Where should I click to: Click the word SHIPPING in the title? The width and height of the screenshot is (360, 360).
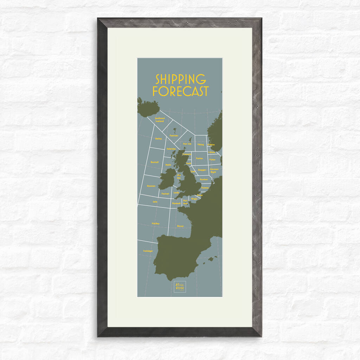pos(180,79)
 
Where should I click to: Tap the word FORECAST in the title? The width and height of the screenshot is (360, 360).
pos(180,91)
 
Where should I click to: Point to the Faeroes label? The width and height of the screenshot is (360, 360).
pos(174,135)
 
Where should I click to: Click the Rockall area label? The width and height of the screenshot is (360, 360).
pos(155,162)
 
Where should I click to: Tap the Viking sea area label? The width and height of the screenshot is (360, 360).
pos(200,144)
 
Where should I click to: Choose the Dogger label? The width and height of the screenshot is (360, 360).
pos(202,170)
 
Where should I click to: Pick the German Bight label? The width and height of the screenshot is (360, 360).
pos(214,171)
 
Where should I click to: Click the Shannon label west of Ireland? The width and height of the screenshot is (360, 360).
pos(151,186)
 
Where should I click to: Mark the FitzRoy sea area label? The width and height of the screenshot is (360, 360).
pos(155,223)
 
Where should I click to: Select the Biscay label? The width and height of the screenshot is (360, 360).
pos(180,226)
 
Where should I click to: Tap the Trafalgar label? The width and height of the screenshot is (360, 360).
pos(148,251)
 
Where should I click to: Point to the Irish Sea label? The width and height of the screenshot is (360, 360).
pos(179,176)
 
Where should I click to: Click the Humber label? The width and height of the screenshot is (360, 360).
pos(204,179)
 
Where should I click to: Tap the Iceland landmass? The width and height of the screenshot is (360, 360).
pos(147,108)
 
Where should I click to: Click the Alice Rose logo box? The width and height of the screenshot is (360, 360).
pos(179,286)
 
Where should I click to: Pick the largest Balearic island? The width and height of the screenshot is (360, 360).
pos(211,259)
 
